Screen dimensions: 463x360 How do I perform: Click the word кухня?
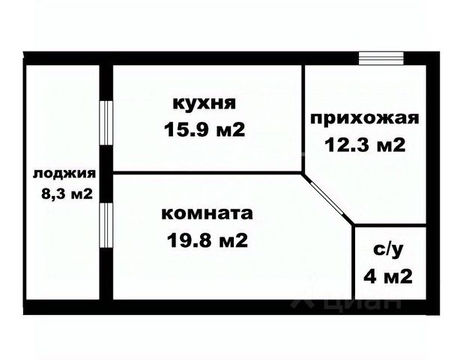coord(204,102)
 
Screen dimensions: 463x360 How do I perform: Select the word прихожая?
coord(365,118)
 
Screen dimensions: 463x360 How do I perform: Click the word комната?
coord(207,213)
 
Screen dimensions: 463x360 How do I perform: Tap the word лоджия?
coord(64,174)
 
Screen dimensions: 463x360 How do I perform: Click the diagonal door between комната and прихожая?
coord(328,198)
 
